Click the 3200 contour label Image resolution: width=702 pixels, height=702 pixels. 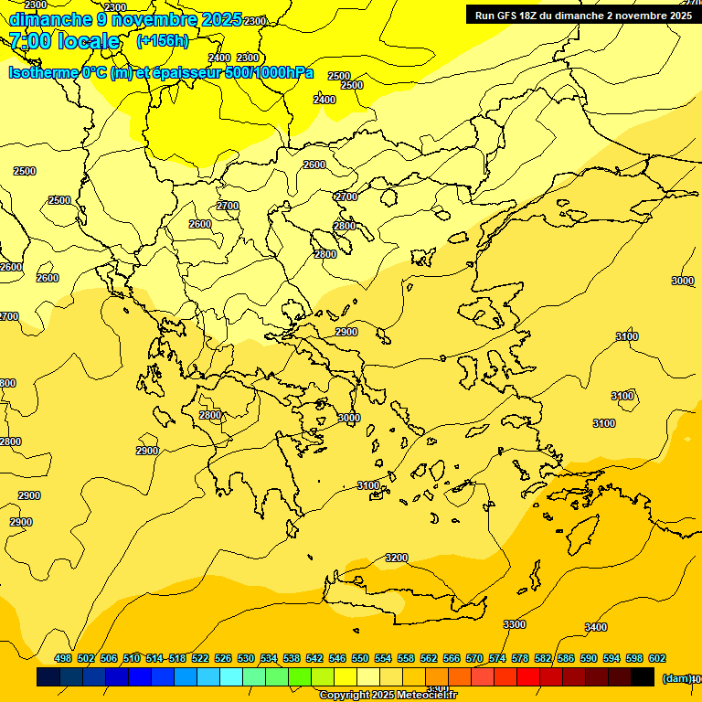(396, 558)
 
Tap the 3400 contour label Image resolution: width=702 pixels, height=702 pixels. (595, 627)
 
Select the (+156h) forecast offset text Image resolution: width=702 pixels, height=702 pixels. (163, 41)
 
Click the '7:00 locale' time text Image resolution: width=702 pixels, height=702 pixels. (64, 41)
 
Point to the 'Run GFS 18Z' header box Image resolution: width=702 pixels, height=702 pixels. (582, 16)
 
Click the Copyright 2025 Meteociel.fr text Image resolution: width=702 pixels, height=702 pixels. (388, 696)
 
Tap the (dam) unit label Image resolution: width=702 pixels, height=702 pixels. (677, 677)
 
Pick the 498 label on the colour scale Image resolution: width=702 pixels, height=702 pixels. (63, 658)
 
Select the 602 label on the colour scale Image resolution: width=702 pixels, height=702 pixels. (657, 658)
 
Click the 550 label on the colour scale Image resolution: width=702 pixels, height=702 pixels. (360, 658)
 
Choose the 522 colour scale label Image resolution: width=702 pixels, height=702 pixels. (200, 658)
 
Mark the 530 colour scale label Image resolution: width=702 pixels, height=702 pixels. (246, 658)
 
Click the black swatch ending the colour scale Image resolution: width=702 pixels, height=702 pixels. (643, 677)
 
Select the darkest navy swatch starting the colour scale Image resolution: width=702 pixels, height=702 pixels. (48, 677)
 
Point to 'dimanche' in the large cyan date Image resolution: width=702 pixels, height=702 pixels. (50, 19)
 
